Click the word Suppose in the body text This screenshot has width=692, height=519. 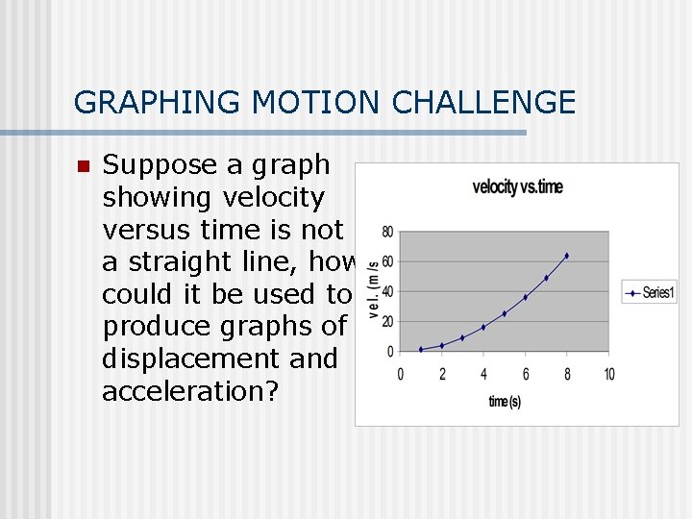[x=161, y=165]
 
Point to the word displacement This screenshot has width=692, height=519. [x=220, y=358]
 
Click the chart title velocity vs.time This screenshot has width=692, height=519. [x=517, y=186]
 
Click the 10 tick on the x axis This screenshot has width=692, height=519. [x=608, y=374]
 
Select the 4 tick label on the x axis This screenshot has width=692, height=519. [x=483, y=374]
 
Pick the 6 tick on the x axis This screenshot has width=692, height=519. [x=525, y=374]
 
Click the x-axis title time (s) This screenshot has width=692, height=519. [x=505, y=401]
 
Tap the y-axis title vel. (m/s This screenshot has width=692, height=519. [x=372, y=280]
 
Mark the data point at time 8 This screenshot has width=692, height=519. [x=567, y=256]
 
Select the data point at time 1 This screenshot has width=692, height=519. [x=421, y=349]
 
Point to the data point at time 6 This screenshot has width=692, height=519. [x=525, y=297]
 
